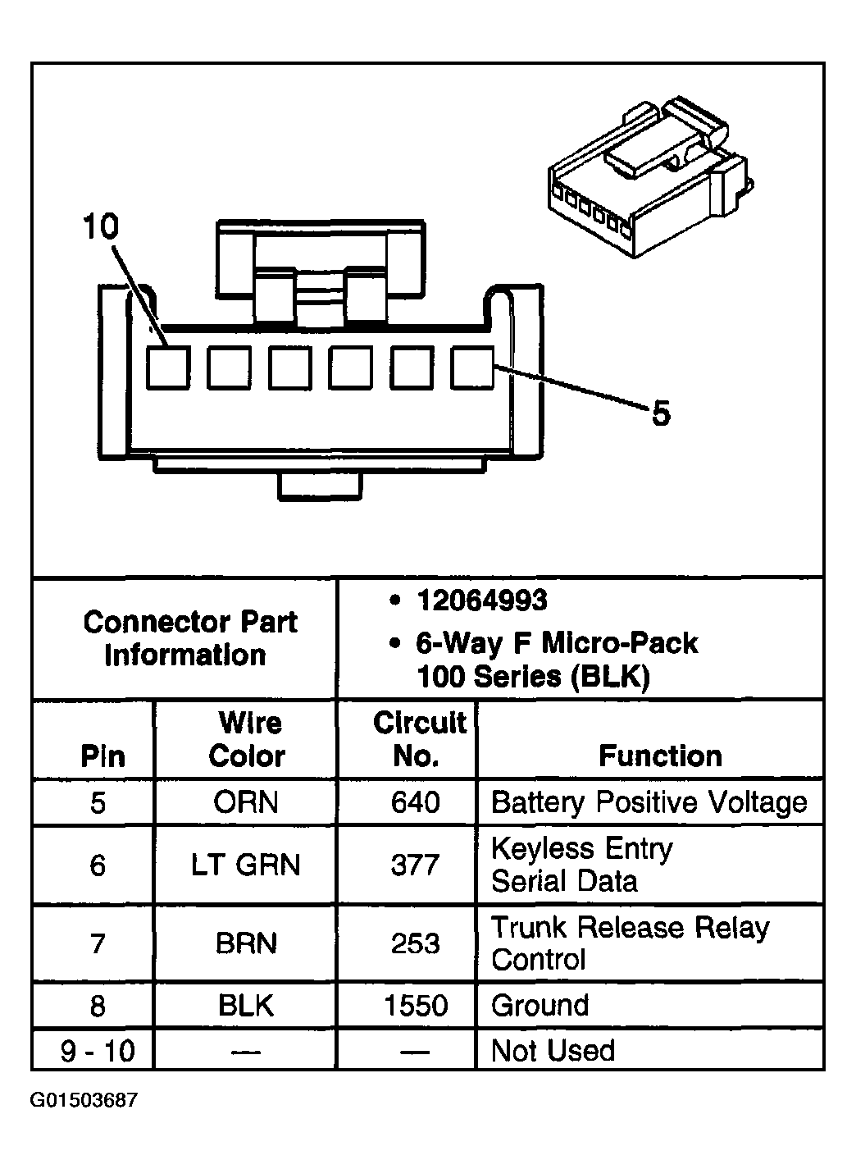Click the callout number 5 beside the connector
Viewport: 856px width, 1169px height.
(660, 413)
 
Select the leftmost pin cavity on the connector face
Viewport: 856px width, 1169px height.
(169, 368)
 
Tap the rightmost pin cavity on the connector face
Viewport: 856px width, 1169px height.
(473, 368)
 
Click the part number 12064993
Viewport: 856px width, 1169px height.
(481, 601)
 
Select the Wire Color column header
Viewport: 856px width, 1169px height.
(247, 739)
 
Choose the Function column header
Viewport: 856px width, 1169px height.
(660, 756)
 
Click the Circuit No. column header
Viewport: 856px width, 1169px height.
(418, 739)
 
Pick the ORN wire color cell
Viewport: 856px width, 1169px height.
(246, 802)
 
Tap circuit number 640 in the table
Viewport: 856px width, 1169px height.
(416, 802)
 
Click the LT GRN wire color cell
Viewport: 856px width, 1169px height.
(246, 865)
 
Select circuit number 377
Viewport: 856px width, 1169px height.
(416, 865)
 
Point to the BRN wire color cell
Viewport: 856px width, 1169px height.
(246, 943)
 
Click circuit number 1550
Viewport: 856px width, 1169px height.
(416, 1006)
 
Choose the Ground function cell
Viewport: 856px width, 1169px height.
(540, 1006)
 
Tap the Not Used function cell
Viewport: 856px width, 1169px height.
(553, 1051)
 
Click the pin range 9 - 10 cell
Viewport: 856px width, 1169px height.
(98, 1051)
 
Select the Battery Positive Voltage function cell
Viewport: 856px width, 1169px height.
(649, 802)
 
